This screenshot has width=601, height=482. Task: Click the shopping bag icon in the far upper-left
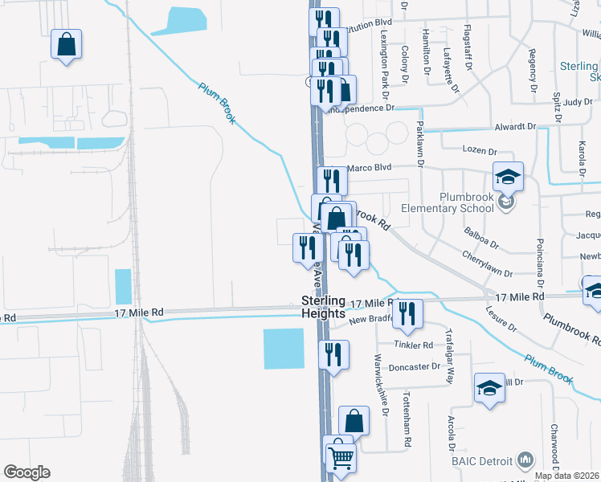(66, 45)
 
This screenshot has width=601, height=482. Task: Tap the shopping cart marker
(341, 457)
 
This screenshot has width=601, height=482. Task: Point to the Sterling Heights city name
(323, 307)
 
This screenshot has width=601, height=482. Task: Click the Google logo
(27, 472)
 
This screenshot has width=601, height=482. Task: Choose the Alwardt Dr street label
(514, 127)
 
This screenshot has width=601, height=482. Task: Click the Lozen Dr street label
(481, 149)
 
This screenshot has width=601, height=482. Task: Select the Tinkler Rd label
(413, 345)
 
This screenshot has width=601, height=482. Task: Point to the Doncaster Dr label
(413, 366)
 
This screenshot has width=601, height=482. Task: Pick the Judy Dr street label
(577, 102)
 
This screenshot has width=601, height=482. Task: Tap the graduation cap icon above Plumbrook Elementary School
(508, 177)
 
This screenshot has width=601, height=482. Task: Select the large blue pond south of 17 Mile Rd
(284, 349)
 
